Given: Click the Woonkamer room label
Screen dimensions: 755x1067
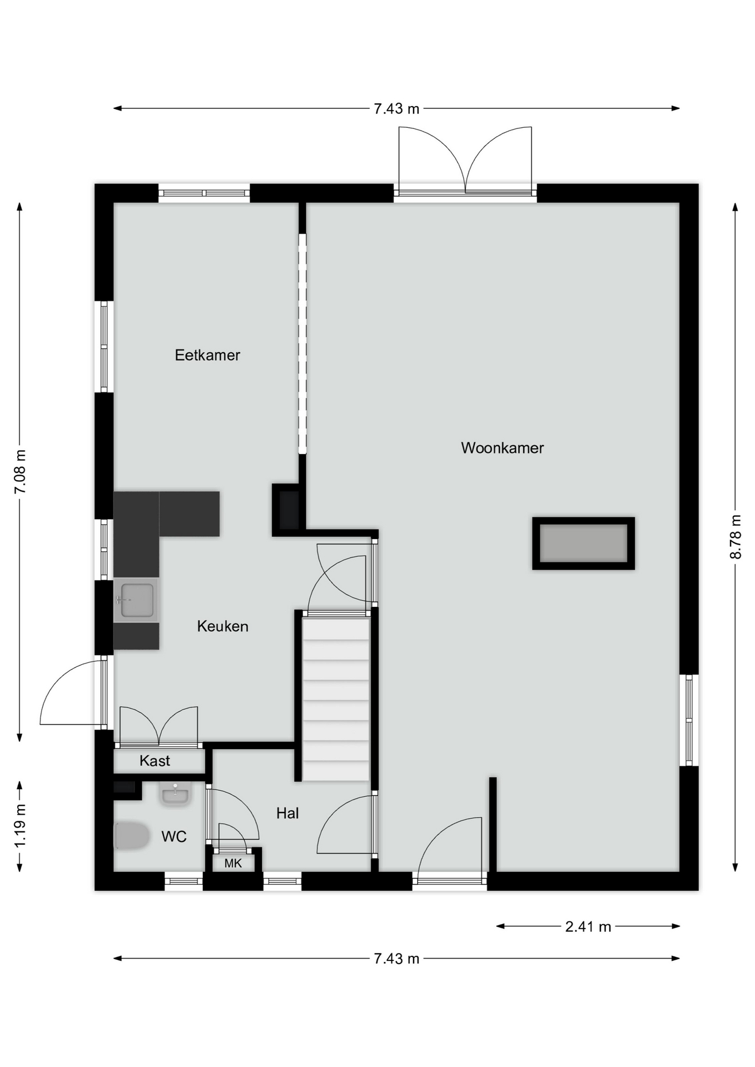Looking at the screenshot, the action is click(502, 448).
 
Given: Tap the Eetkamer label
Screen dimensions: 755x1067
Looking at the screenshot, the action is click(207, 355).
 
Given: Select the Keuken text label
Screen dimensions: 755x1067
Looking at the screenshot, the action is click(222, 626).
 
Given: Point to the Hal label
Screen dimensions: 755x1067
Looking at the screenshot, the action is click(287, 813).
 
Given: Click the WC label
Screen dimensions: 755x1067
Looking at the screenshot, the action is click(173, 836).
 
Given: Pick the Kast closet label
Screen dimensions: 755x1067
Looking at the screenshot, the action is click(155, 761).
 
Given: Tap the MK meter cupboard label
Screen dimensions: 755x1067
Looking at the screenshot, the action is click(233, 863).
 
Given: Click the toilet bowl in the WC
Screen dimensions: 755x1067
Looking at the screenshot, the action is click(132, 836).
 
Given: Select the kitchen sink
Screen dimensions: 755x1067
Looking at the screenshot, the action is click(136, 600).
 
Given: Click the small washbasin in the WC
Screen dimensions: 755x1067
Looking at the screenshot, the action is click(176, 794).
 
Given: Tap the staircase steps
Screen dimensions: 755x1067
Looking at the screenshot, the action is click(336, 700).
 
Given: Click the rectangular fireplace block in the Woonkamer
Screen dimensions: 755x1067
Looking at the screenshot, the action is click(583, 544).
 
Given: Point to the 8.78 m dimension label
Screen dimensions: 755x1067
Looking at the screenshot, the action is click(735, 537).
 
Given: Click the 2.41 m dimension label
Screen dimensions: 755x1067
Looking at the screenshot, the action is click(588, 926).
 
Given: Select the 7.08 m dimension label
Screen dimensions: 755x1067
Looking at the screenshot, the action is click(19, 472).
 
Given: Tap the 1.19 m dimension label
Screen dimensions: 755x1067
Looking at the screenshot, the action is click(19, 826).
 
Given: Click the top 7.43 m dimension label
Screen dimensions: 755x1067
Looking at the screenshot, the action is click(396, 108).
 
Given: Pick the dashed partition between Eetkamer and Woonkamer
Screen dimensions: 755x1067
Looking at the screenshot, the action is click(302, 343).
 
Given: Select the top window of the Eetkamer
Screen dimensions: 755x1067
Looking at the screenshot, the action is click(204, 193).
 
